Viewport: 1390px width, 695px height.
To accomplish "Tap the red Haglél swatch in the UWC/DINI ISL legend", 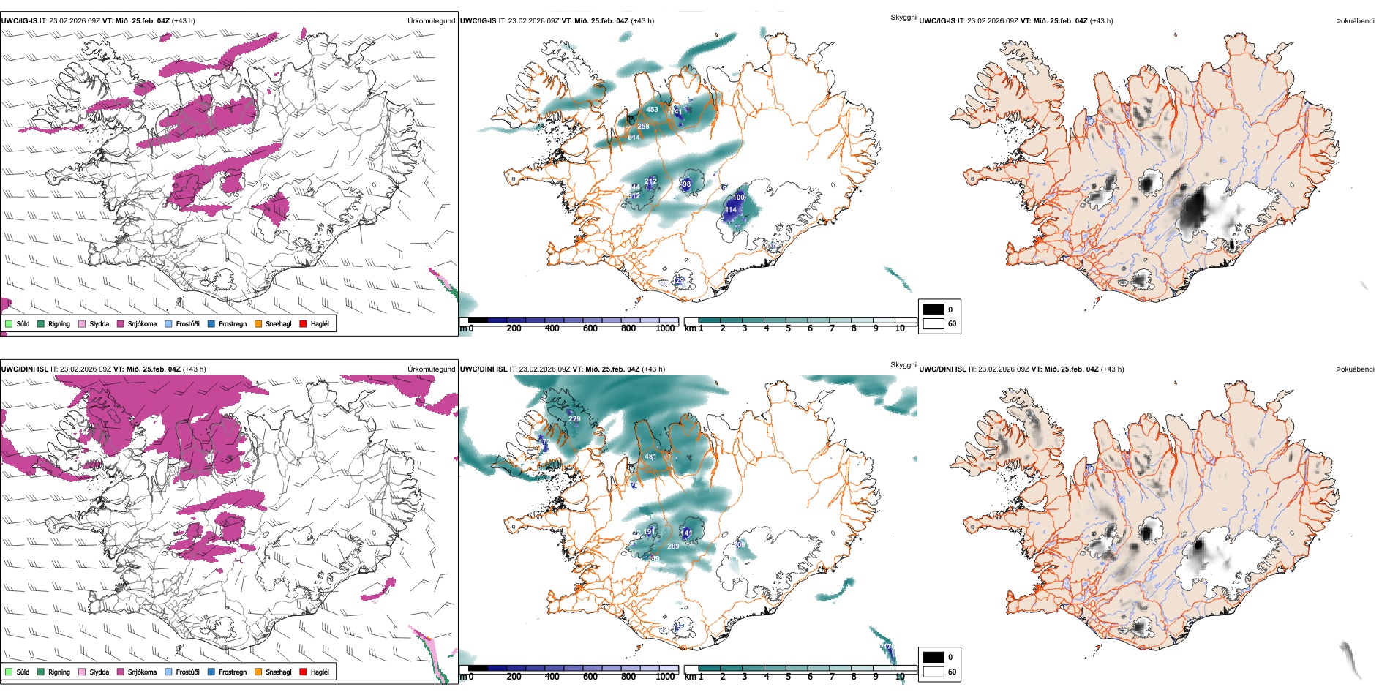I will click(304, 672).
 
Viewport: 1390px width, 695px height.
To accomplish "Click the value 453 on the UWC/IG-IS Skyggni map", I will click(652, 110).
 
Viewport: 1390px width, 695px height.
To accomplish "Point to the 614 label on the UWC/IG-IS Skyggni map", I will click(634, 137).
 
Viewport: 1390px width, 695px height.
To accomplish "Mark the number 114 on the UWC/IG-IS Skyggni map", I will click(731, 210).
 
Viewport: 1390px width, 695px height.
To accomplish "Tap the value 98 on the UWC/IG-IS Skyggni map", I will click(686, 184).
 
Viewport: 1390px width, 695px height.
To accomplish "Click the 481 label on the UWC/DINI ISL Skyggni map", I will click(650, 457).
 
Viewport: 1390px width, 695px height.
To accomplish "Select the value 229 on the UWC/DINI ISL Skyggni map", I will click(574, 419).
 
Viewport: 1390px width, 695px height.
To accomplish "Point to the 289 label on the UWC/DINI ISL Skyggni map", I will click(673, 546).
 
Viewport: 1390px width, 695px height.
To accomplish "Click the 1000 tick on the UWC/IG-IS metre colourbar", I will click(665, 328).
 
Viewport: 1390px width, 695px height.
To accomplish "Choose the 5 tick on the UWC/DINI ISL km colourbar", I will click(788, 677).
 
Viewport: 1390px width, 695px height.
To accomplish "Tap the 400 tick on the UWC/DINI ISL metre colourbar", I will click(552, 677).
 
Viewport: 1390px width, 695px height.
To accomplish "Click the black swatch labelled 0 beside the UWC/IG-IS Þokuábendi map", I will click(933, 309).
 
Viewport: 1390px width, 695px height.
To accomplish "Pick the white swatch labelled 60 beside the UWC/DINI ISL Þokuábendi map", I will click(933, 672).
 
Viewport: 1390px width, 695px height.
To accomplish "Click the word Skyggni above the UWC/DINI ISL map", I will click(903, 364).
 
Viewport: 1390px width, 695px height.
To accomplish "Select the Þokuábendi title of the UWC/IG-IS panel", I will click(1354, 21).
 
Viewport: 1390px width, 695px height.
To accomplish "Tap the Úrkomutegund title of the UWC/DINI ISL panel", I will click(431, 369).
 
